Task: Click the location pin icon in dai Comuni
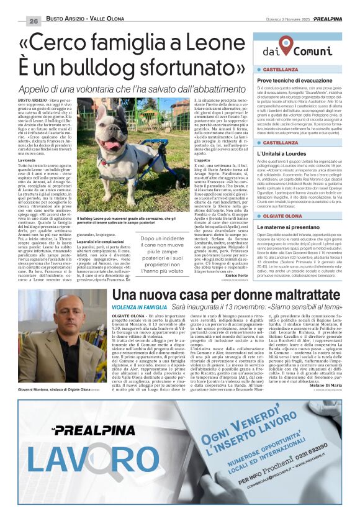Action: coord(286,45)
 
